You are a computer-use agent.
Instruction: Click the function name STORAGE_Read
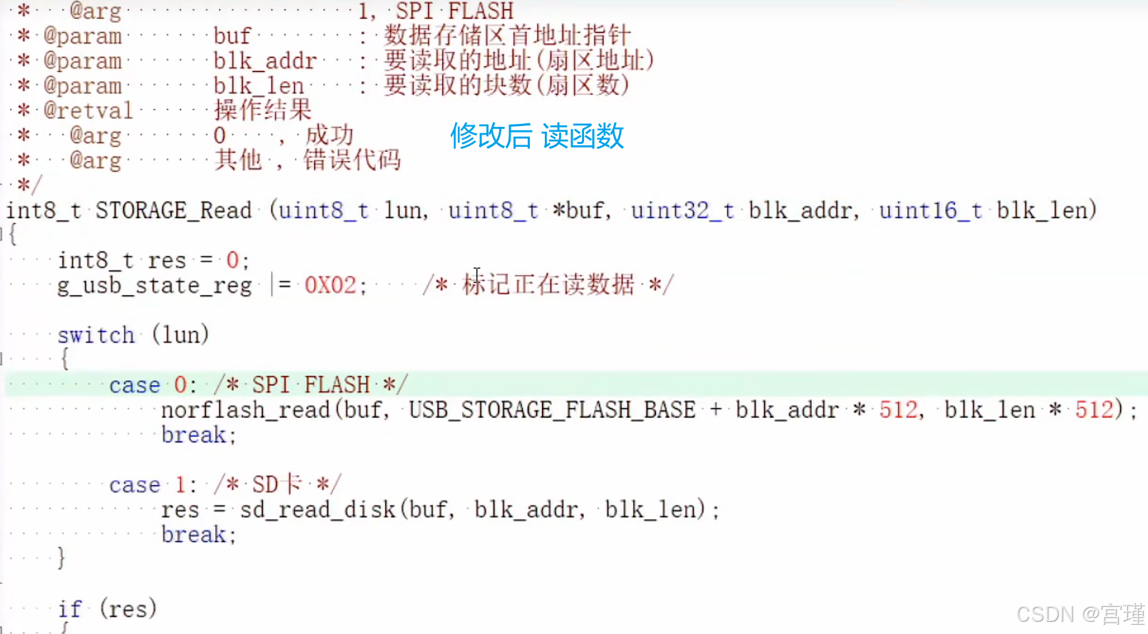click(174, 211)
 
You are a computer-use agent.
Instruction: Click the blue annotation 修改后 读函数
click(537, 135)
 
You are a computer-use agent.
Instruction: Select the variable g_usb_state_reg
click(155, 286)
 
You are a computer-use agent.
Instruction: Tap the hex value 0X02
click(330, 286)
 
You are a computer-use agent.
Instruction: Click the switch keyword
click(96, 335)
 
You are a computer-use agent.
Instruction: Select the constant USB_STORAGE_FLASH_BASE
click(552, 410)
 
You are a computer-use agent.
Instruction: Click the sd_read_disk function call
click(318, 510)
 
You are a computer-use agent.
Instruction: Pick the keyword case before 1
click(135, 485)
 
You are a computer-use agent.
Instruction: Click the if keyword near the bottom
click(70, 609)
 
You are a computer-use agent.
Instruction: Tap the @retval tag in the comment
click(88, 110)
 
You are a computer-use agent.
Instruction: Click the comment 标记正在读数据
click(548, 285)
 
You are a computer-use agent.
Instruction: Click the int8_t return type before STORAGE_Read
click(43, 211)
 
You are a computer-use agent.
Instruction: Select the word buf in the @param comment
click(232, 36)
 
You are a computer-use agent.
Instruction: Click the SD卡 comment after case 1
click(278, 485)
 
